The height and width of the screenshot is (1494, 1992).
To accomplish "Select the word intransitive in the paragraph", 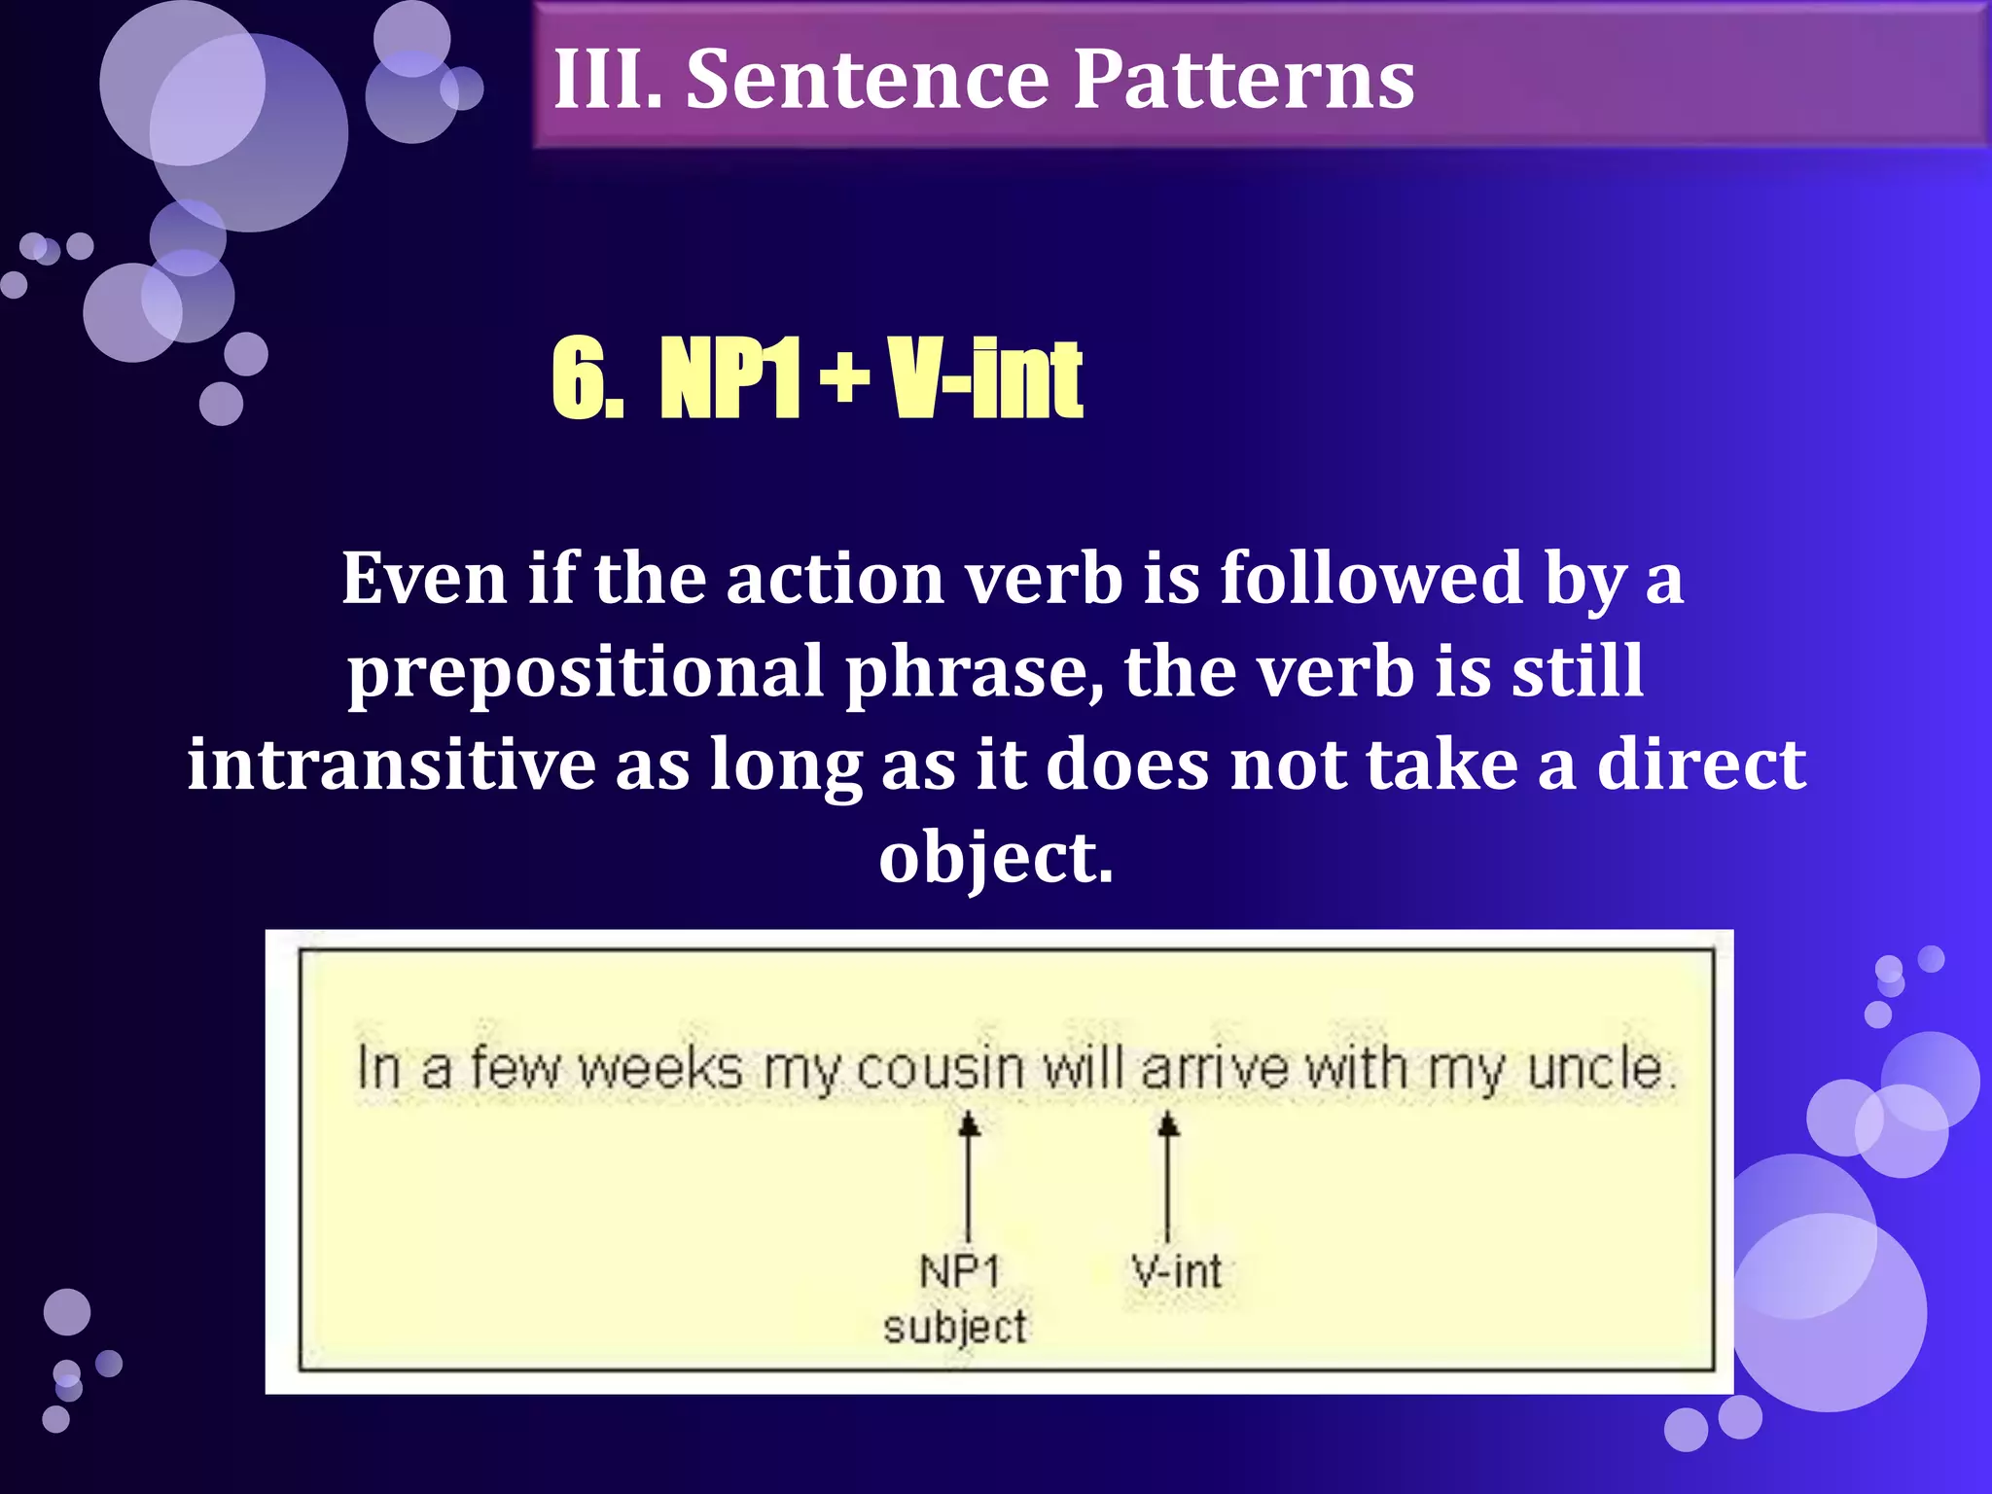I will [391, 764].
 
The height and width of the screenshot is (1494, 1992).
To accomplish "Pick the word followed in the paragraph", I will [1371, 579].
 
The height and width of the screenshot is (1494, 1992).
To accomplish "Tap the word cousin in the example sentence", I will [940, 1069].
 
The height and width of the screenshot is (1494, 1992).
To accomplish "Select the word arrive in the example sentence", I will [1215, 1069].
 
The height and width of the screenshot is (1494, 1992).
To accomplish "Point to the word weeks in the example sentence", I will [660, 1069].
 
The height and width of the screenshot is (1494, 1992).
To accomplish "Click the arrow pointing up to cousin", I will [968, 1176].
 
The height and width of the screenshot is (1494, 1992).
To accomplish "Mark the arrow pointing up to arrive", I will [1168, 1176].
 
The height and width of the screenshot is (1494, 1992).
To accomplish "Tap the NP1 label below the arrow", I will [959, 1271].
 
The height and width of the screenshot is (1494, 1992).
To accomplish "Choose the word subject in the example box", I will [955, 1327].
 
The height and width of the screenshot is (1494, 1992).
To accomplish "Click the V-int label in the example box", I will [1176, 1271].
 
